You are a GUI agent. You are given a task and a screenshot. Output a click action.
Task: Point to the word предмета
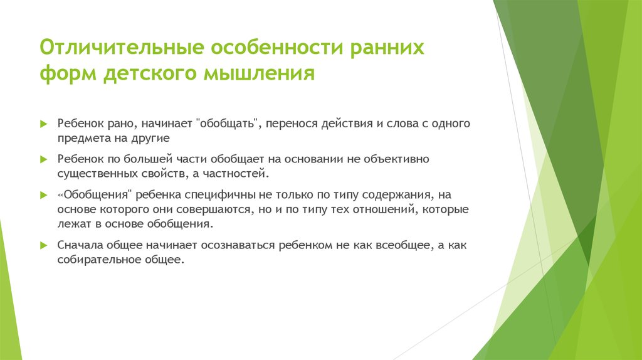click(83, 137)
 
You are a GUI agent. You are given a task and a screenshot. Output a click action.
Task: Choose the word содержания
click(397, 194)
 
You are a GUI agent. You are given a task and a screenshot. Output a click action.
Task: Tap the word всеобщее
click(396, 245)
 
